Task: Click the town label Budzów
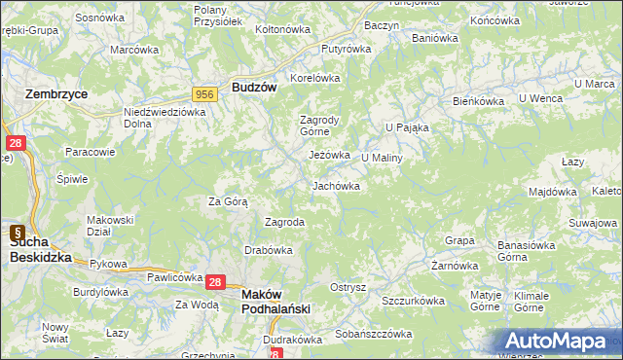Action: click(256, 87)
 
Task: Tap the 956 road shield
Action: click(204, 93)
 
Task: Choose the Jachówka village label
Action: click(336, 185)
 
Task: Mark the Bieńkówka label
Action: click(477, 100)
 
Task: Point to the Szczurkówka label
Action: click(413, 301)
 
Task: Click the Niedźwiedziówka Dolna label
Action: click(165, 118)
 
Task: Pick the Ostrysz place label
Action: click(348, 287)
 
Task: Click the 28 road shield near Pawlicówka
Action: click(216, 281)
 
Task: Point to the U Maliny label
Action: click(382, 157)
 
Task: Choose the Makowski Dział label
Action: click(109, 226)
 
